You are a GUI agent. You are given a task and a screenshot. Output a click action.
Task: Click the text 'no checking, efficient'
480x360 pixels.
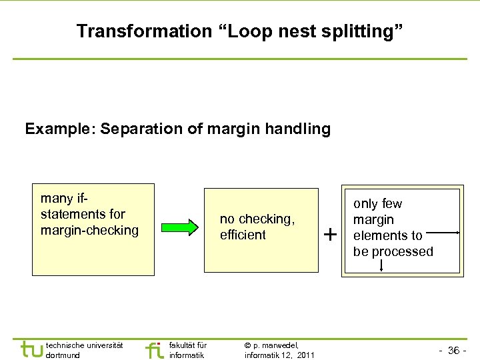pyautogui.click(x=257, y=227)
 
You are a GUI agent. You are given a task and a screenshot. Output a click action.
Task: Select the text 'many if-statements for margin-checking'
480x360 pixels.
pyautogui.click(x=89, y=214)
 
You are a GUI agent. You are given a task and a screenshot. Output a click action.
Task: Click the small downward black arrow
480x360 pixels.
pyautogui.click(x=381, y=265)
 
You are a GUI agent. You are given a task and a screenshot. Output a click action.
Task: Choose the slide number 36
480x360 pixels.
pyautogui.click(x=454, y=351)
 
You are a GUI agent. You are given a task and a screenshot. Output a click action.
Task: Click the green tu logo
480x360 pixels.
pyautogui.click(x=31, y=350)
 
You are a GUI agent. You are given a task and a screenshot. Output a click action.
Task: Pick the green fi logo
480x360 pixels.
pyautogui.click(x=154, y=350)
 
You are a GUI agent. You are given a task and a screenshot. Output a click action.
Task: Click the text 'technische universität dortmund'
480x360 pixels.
pyautogui.click(x=84, y=350)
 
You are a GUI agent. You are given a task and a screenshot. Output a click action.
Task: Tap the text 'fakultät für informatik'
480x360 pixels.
pyautogui.click(x=188, y=350)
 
